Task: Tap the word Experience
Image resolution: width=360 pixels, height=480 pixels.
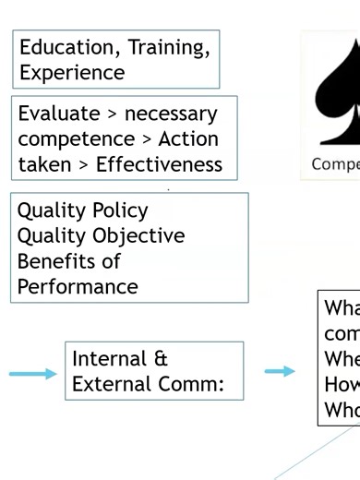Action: (71, 71)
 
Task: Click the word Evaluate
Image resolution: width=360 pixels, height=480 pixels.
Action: (58, 114)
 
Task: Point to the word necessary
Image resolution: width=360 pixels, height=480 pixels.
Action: (171, 114)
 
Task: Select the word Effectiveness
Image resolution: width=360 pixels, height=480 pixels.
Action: (166, 164)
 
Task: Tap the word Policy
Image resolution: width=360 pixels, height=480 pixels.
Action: (115, 210)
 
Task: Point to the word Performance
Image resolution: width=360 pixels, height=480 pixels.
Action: (78, 286)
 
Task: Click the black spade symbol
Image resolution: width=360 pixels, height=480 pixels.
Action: (338, 92)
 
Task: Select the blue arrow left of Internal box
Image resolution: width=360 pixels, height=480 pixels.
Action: (32, 373)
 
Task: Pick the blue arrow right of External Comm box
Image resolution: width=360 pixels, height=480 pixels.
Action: (280, 371)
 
